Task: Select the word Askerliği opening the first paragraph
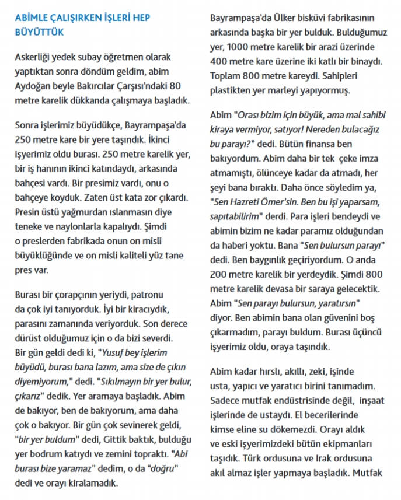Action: [35, 58]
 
